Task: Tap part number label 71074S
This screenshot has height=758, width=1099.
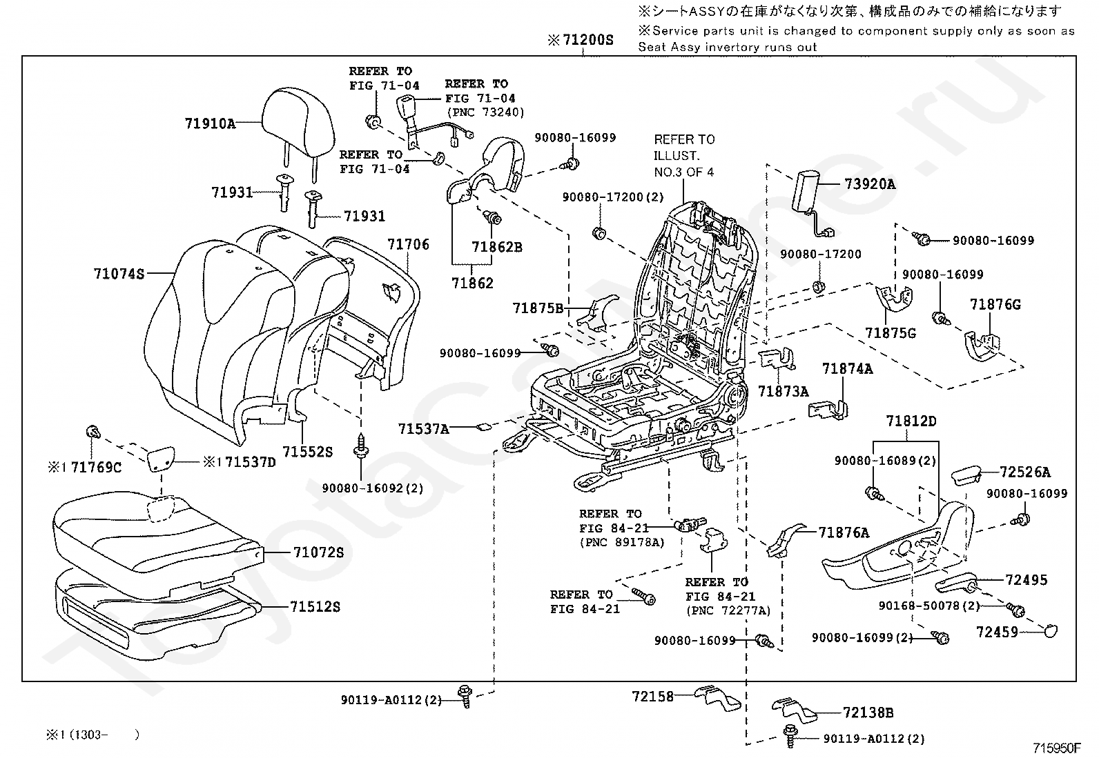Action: point(119,274)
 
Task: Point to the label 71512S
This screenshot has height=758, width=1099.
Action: point(315,607)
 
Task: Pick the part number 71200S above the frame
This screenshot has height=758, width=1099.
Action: point(587,40)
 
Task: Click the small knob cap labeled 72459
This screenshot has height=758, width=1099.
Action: point(1051,631)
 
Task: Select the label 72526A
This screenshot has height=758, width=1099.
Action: point(1025,472)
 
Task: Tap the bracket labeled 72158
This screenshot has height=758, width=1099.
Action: point(718,697)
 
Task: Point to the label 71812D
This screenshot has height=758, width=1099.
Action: point(912,421)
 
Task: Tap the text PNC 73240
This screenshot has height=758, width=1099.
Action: point(486,112)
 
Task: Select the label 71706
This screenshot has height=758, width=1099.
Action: point(408,244)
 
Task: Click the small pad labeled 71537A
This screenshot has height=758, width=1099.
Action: point(483,428)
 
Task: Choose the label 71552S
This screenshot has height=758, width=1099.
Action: point(308,452)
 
